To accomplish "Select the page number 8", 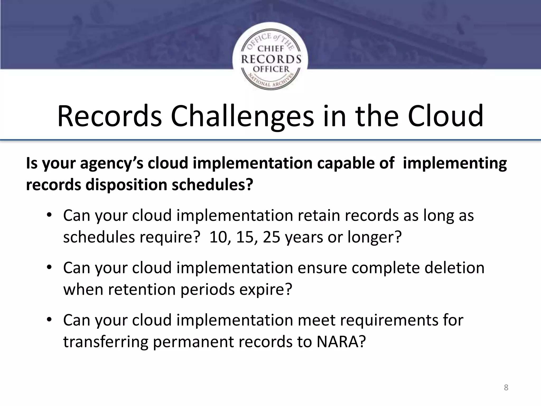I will coord(506,387).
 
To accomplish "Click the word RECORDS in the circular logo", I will coord(271,59).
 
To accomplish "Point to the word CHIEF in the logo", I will coord(271,49).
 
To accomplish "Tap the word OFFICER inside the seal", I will coord(271,69).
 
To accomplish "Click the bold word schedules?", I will coord(212,184).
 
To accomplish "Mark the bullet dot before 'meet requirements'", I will coord(49,320).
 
